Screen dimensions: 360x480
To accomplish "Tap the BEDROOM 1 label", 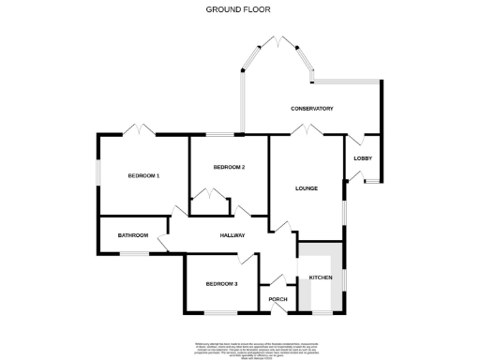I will pyautogui.click(x=144, y=176).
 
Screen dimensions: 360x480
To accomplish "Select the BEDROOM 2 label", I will pyautogui.click(x=229, y=167).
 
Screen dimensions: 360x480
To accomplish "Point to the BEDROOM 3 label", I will pyautogui.click(x=221, y=283).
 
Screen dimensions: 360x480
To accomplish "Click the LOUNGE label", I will pyautogui.click(x=307, y=188).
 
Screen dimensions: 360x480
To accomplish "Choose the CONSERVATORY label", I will pyautogui.click(x=311, y=109).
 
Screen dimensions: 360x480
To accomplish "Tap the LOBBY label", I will pyautogui.click(x=362, y=158).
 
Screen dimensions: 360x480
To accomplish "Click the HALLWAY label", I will pyautogui.click(x=232, y=235).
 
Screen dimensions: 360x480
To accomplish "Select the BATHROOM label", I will pyautogui.click(x=133, y=235).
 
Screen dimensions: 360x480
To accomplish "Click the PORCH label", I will pyautogui.click(x=277, y=300).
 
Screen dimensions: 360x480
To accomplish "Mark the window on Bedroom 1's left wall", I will pyautogui.click(x=97, y=174).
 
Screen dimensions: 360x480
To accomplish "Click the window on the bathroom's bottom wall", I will pyautogui.click(x=133, y=253).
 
